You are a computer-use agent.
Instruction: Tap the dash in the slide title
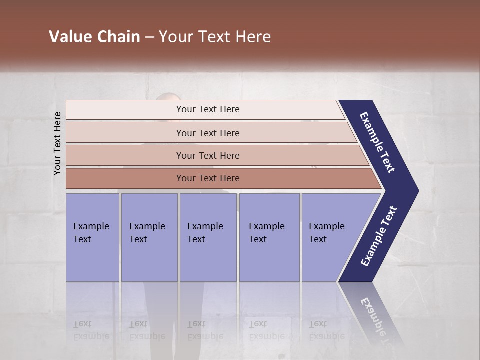click(149, 37)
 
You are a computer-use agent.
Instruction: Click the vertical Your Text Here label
click(57, 144)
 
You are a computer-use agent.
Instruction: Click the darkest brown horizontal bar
click(125, 178)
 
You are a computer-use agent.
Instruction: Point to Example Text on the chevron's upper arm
click(378, 142)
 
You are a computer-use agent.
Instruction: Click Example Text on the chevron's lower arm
click(379, 236)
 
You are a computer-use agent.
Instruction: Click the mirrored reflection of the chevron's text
click(376, 320)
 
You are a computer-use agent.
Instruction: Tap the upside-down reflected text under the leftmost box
click(91, 330)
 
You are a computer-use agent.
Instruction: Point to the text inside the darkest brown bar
click(208, 178)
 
